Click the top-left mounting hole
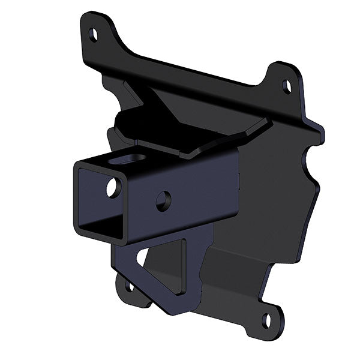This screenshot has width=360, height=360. click(94, 34)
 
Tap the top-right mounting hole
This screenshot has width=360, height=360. click(287, 86)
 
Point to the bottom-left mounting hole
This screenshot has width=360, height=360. click(129, 286)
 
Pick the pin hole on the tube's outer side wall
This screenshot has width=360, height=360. click(163, 200)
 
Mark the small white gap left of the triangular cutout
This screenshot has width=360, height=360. click(140, 257)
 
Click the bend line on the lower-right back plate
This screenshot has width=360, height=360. click(240, 252)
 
